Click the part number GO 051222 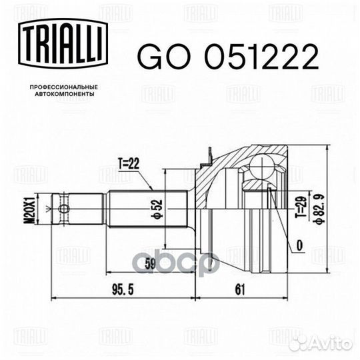tap(226, 58)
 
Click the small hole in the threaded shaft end tap(63, 209)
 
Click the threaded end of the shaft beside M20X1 tap(57, 209)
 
